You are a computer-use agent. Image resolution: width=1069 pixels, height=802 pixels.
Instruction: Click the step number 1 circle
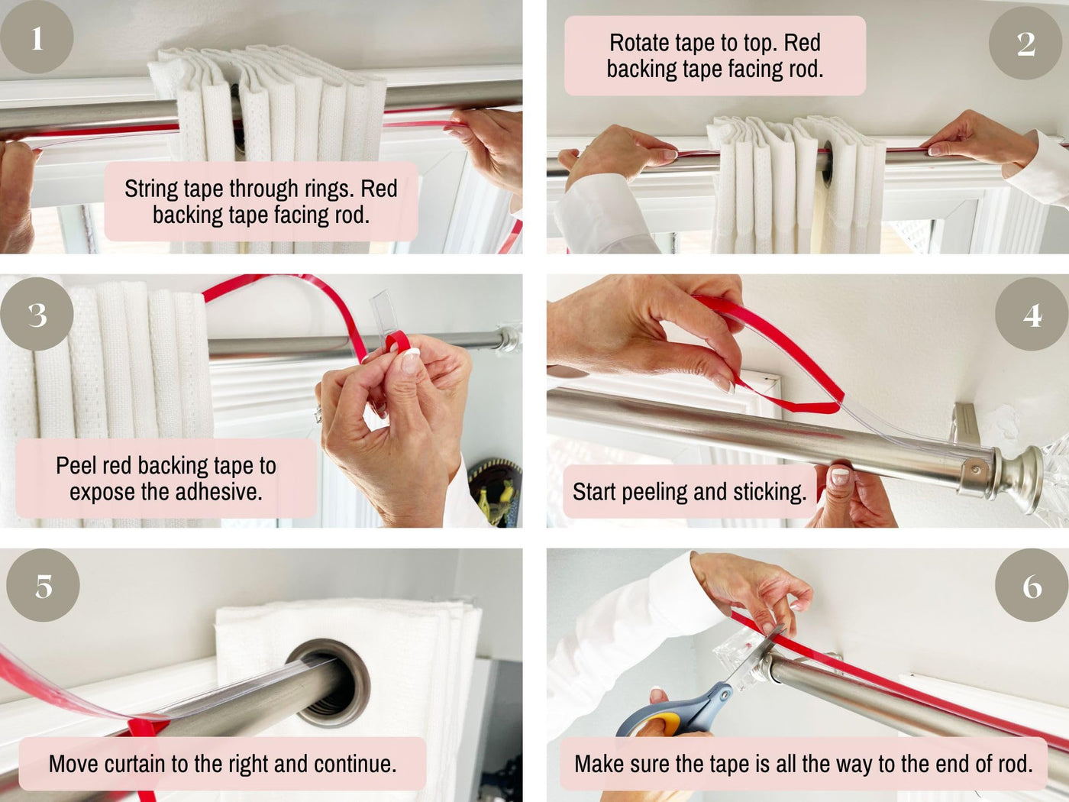point(37,37)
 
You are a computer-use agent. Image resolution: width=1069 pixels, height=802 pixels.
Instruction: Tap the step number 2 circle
point(1025,44)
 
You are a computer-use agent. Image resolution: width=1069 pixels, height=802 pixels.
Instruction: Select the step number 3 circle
point(37,314)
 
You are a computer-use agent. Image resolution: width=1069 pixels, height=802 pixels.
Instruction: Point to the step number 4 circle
point(1032,314)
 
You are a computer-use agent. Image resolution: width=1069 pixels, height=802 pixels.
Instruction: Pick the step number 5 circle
point(43,585)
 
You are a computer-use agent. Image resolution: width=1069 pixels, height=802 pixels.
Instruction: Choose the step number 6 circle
point(1032,585)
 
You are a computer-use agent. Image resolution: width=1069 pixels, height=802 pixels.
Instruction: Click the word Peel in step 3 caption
point(73,465)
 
